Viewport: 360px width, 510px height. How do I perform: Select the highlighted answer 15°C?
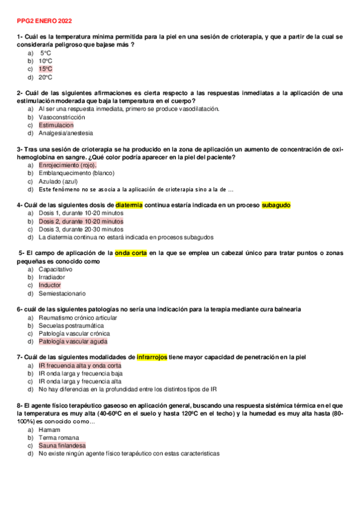click(45, 69)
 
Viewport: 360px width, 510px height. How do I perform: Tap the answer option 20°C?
click(45, 77)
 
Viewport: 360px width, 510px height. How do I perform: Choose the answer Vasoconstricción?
click(62, 117)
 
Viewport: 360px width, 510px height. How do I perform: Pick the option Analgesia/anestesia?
click(66, 133)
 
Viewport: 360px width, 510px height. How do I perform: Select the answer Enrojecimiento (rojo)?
click(67, 165)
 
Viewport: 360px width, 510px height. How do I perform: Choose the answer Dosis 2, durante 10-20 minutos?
click(81, 221)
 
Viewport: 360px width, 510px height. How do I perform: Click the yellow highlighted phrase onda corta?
click(131, 253)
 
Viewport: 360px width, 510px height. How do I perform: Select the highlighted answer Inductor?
click(50, 285)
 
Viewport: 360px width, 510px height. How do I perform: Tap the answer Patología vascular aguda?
click(73, 342)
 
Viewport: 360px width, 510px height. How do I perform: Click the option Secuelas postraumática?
click(67, 325)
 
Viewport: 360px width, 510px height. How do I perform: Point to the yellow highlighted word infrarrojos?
click(152, 357)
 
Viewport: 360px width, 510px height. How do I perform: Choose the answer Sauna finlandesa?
click(62, 446)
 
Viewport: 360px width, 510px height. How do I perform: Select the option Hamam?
click(49, 430)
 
